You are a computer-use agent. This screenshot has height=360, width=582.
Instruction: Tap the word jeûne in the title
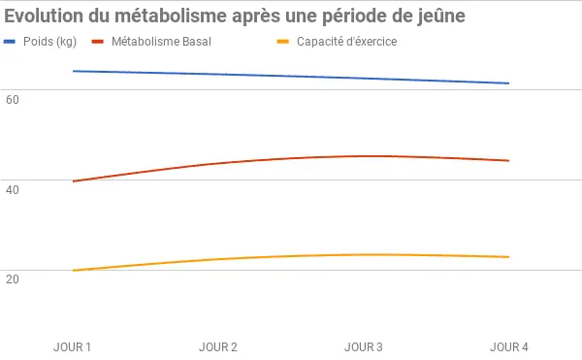436,16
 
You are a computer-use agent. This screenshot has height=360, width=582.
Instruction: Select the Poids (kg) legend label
49,42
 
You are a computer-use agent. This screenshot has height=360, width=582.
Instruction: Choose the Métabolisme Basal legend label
161,42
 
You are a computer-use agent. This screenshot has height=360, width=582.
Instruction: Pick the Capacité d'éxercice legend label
346,42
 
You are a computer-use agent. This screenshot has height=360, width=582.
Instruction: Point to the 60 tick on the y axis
12,98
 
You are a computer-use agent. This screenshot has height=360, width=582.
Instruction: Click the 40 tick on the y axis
12,188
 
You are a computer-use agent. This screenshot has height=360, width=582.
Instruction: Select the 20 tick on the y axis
12,278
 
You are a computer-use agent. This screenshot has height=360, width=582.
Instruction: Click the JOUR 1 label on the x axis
73,346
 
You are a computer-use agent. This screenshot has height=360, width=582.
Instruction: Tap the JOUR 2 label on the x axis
218,346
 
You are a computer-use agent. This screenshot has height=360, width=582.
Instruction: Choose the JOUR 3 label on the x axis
364,346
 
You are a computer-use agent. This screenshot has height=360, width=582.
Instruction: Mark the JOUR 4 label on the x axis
509,346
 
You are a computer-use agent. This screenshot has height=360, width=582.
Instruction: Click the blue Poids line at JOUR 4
509,83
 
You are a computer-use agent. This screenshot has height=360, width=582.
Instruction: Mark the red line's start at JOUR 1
73,181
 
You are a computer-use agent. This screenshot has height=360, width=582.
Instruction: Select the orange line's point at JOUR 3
364,254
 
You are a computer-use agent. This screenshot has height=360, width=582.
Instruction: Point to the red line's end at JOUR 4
509,161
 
